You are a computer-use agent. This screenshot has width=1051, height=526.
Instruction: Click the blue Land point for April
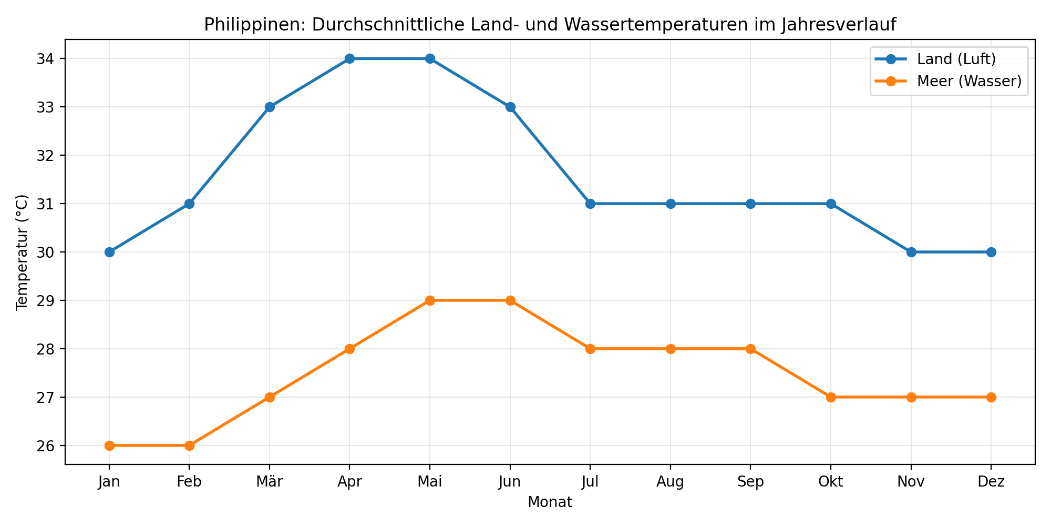point(349,58)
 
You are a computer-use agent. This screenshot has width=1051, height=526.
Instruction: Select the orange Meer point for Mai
point(430,300)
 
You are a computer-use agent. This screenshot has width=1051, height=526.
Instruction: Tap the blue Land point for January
point(109,252)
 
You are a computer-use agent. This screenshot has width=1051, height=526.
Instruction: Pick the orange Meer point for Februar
point(189,446)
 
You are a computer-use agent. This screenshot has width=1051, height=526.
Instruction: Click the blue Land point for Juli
point(590,204)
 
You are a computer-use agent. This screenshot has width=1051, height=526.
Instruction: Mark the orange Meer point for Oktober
point(831,397)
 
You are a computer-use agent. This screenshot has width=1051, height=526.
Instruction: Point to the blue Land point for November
point(911,252)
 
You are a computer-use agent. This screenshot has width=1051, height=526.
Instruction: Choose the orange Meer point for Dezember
point(991,397)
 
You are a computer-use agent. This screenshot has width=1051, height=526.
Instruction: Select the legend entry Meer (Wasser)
point(968,81)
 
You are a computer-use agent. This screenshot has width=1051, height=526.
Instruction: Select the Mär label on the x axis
point(270,482)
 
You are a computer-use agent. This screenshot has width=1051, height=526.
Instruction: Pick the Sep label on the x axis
point(750,482)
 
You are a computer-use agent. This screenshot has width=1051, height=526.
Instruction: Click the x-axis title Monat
point(550,502)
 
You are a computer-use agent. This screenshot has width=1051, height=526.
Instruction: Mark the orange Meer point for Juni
point(510,300)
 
